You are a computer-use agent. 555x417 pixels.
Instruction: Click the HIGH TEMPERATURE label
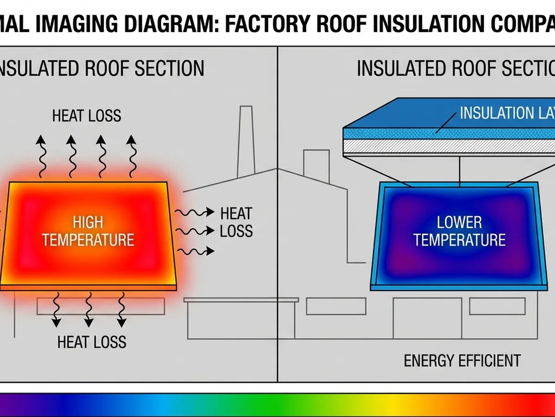[x=88, y=231]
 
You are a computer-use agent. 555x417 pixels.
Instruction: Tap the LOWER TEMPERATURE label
[x=459, y=231]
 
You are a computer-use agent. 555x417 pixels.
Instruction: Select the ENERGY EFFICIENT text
[x=462, y=360]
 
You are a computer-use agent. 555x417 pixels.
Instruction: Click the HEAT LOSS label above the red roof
[x=86, y=115]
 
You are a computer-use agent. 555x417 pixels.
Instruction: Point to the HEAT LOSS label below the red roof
[x=92, y=342]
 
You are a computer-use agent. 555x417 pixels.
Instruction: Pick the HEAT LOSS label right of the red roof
[x=236, y=222]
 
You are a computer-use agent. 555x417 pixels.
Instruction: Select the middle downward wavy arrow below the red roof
[x=88, y=310]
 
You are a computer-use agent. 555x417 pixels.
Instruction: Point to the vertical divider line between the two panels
[x=277, y=232]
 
